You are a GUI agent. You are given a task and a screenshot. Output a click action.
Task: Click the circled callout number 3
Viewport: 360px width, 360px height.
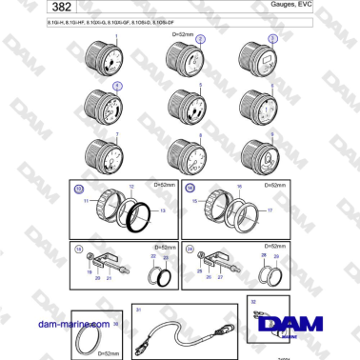(x=272, y=39)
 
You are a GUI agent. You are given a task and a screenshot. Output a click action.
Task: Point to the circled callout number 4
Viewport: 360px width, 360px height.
(x=117, y=86)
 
